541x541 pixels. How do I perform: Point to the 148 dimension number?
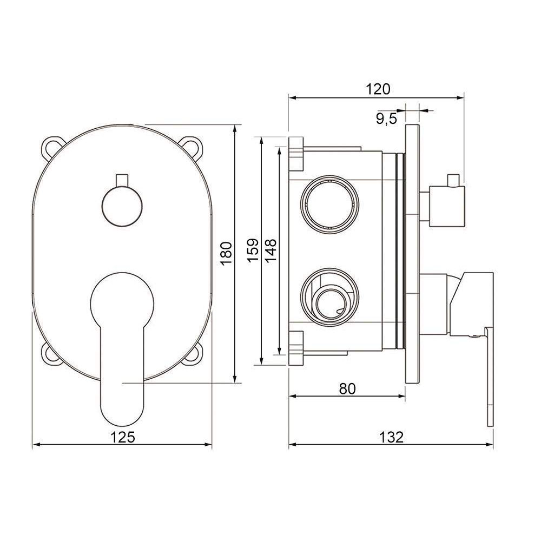(x=271, y=250)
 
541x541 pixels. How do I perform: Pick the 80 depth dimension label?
(x=347, y=388)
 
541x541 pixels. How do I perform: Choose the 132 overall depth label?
(x=391, y=437)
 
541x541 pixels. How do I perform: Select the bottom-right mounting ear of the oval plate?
(x=193, y=355)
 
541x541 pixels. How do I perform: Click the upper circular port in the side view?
(x=329, y=204)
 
